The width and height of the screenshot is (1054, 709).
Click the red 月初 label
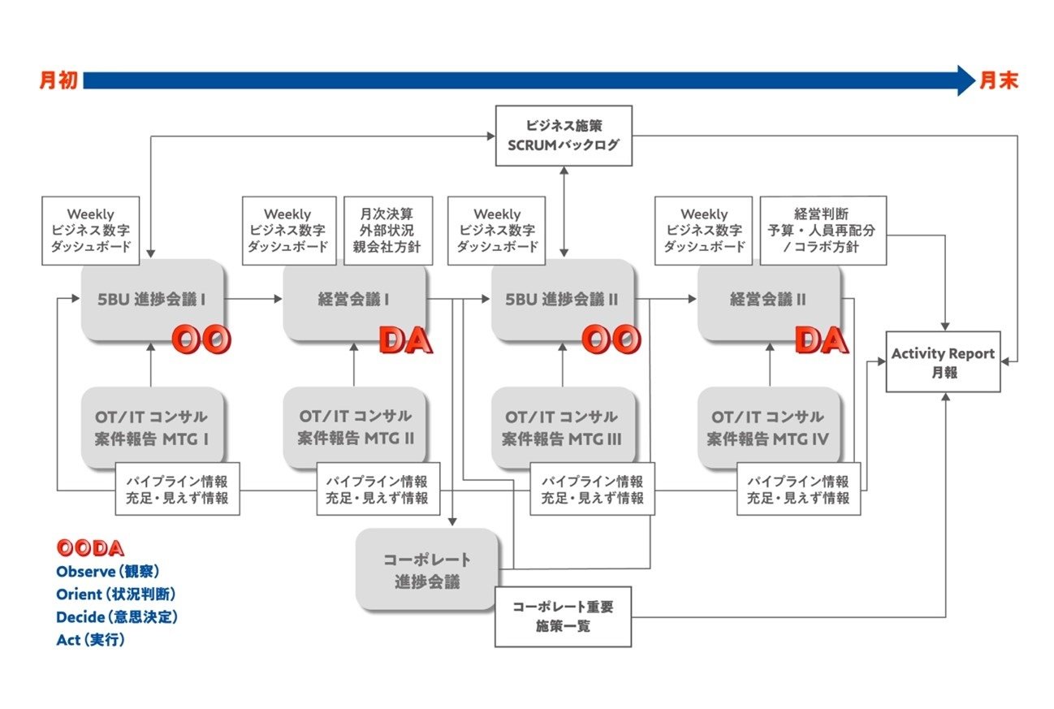(x=58, y=80)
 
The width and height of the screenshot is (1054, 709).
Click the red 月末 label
(x=998, y=80)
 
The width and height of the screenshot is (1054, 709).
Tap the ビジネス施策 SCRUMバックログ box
(x=564, y=136)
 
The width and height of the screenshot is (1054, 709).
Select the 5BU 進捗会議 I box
(x=152, y=299)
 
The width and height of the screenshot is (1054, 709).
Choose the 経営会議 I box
(x=354, y=299)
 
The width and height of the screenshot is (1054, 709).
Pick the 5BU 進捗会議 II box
(x=562, y=299)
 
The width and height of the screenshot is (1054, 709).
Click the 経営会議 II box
(x=768, y=299)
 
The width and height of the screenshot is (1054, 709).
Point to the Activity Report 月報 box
(x=943, y=362)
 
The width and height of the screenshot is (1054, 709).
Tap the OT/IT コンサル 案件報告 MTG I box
(x=152, y=426)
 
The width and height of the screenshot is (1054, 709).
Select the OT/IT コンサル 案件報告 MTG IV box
(x=768, y=426)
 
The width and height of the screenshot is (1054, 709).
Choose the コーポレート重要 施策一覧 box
(x=563, y=617)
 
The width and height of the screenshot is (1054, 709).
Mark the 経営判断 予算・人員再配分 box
(x=823, y=230)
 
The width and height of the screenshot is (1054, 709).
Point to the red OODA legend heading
(x=90, y=548)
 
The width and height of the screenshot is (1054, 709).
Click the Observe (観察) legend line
(x=108, y=571)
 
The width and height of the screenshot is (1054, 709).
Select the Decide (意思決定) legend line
(x=117, y=616)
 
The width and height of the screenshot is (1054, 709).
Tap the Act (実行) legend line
(x=91, y=639)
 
